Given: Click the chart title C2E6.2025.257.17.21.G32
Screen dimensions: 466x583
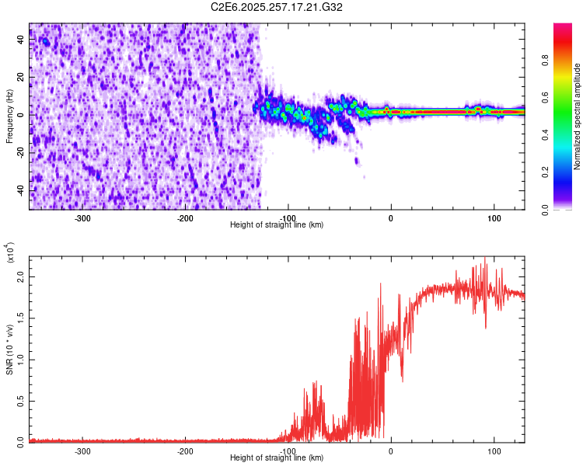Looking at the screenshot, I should click(278, 8).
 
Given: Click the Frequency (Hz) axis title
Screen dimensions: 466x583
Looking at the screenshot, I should click(9, 116).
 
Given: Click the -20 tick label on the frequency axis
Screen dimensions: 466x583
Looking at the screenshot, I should click(18, 153).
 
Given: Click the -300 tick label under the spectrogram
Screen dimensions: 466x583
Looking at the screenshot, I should click(82, 218).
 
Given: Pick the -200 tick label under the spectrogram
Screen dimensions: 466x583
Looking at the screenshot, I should click(185, 218).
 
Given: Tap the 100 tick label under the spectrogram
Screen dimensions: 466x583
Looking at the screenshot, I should click(494, 218).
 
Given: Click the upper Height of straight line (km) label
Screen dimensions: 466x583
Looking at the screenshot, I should click(278, 224).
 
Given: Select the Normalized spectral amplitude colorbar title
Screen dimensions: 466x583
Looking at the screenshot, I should click(577, 116).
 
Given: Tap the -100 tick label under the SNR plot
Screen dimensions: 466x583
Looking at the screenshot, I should click(288, 450).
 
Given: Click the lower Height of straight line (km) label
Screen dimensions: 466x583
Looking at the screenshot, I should click(278, 457).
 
